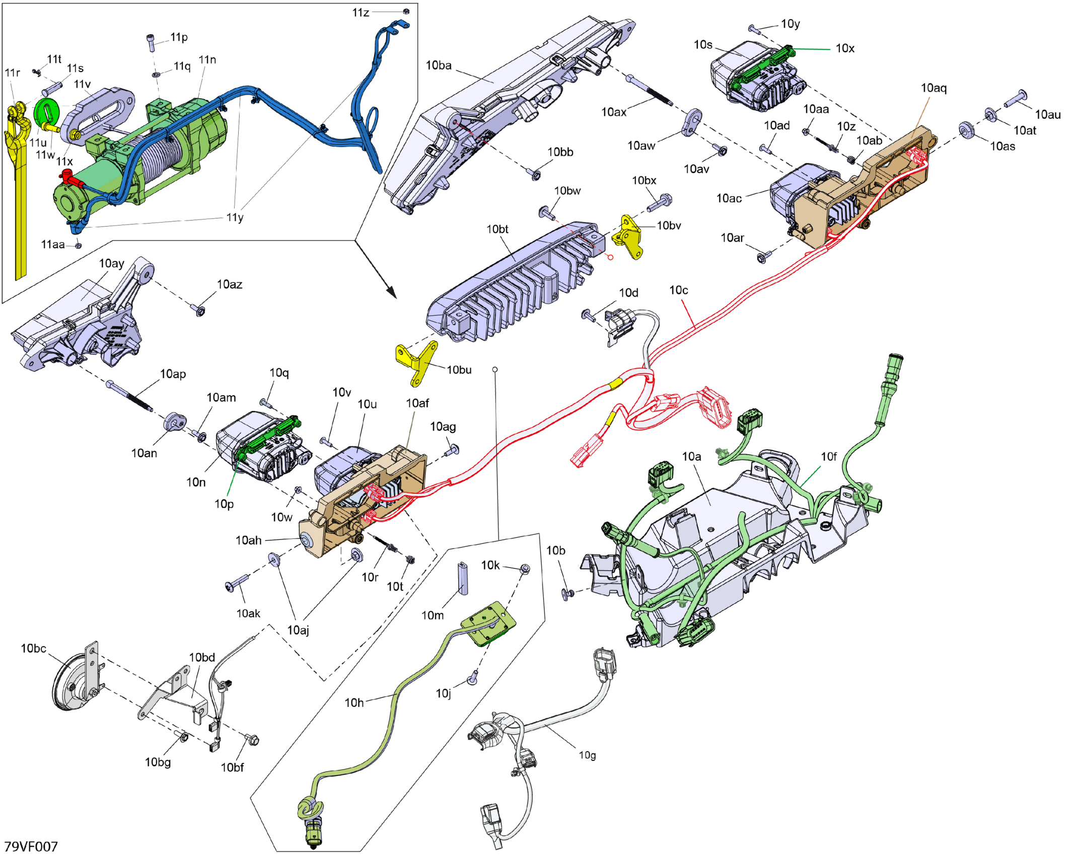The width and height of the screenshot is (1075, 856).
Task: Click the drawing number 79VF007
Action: (x=31, y=846)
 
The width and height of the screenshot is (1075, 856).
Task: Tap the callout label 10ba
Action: (x=439, y=65)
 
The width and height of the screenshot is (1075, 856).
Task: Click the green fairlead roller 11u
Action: (x=46, y=113)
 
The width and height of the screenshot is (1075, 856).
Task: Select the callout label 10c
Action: (x=678, y=291)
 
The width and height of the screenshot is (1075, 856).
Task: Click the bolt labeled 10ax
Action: (x=650, y=91)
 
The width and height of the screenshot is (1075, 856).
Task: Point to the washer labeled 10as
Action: (x=966, y=130)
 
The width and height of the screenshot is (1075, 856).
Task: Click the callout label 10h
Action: (x=354, y=702)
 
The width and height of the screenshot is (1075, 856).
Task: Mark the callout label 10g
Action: (x=587, y=755)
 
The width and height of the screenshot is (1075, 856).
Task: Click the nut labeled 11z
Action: (x=407, y=11)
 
